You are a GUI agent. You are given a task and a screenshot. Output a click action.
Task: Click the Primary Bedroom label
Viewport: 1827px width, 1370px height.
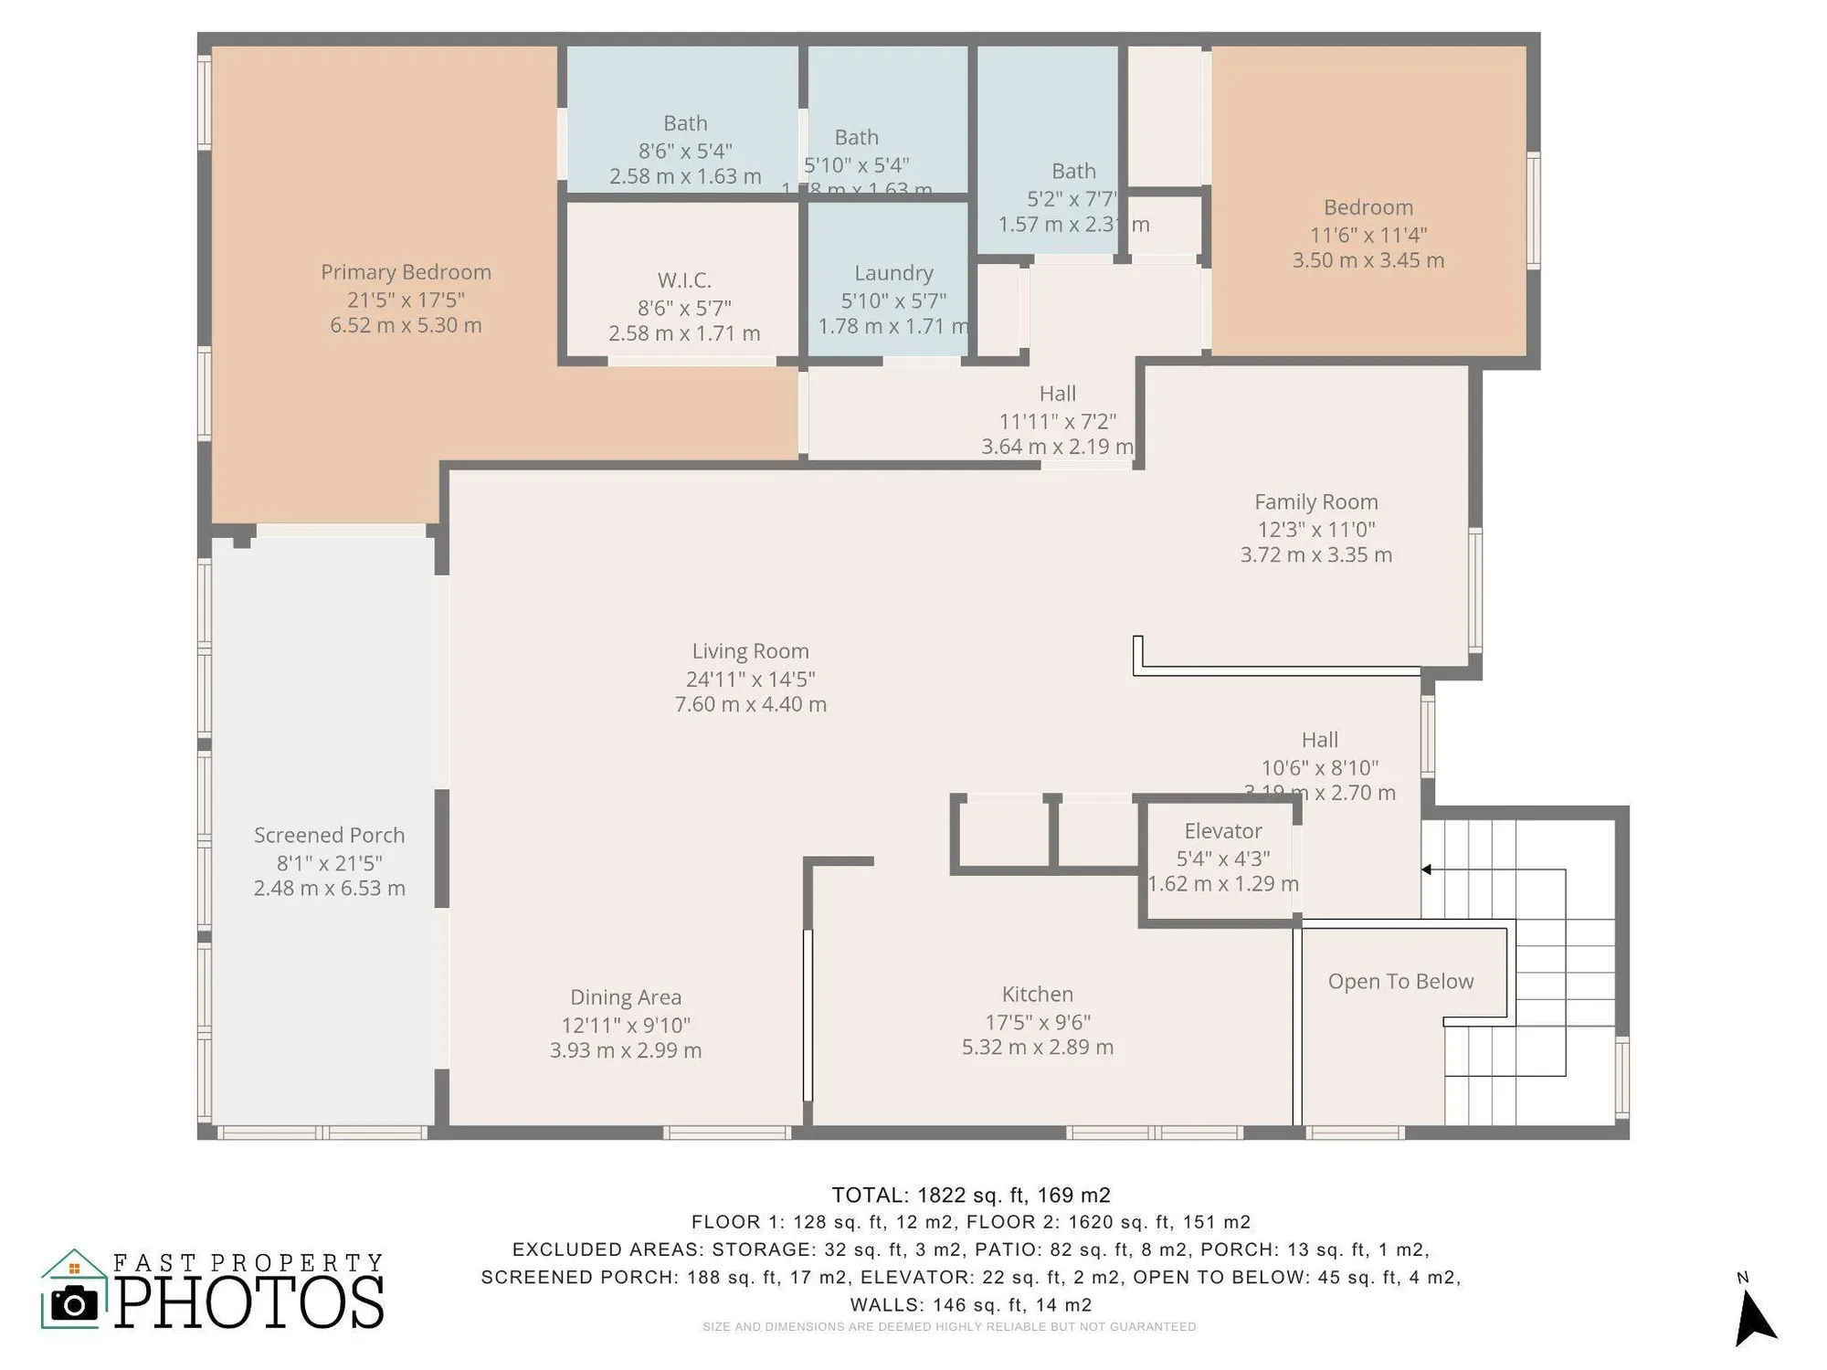(x=406, y=272)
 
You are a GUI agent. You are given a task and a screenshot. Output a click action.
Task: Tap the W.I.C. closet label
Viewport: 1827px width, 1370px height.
(x=684, y=280)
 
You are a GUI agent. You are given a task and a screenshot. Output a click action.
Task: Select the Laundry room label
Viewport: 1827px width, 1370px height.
(x=893, y=273)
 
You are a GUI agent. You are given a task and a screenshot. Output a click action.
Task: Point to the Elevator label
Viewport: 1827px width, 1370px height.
(x=1222, y=831)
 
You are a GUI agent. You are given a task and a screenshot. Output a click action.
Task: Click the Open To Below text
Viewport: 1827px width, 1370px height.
(x=1400, y=982)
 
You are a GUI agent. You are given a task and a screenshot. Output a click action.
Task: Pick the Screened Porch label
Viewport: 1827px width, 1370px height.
(x=329, y=836)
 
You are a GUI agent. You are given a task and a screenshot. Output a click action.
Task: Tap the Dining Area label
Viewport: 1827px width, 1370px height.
(x=626, y=997)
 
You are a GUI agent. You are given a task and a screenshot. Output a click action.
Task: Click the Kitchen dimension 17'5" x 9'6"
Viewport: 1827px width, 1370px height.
(x=1037, y=1022)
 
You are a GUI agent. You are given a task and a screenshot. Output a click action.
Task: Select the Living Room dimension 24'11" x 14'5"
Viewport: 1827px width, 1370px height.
(x=750, y=679)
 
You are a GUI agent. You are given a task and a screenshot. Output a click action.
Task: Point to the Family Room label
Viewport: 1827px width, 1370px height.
(x=1315, y=502)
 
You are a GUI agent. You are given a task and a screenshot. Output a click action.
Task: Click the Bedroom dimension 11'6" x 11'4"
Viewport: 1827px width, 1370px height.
(x=1368, y=235)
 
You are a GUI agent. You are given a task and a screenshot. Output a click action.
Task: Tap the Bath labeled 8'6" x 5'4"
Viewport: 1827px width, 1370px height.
(x=685, y=123)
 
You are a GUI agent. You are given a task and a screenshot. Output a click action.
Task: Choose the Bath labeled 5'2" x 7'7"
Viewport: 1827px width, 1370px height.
(x=1073, y=172)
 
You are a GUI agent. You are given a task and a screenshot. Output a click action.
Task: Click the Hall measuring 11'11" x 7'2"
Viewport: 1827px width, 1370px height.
(x=1057, y=394)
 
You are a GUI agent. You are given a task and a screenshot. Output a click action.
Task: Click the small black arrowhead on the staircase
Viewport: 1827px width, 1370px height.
(x=1426, y=869)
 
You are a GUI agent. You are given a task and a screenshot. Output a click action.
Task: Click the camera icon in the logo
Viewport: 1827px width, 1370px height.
(x=74, y=1303)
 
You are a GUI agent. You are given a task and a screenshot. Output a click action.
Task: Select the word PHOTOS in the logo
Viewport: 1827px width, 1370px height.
(x=249, y=1302)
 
